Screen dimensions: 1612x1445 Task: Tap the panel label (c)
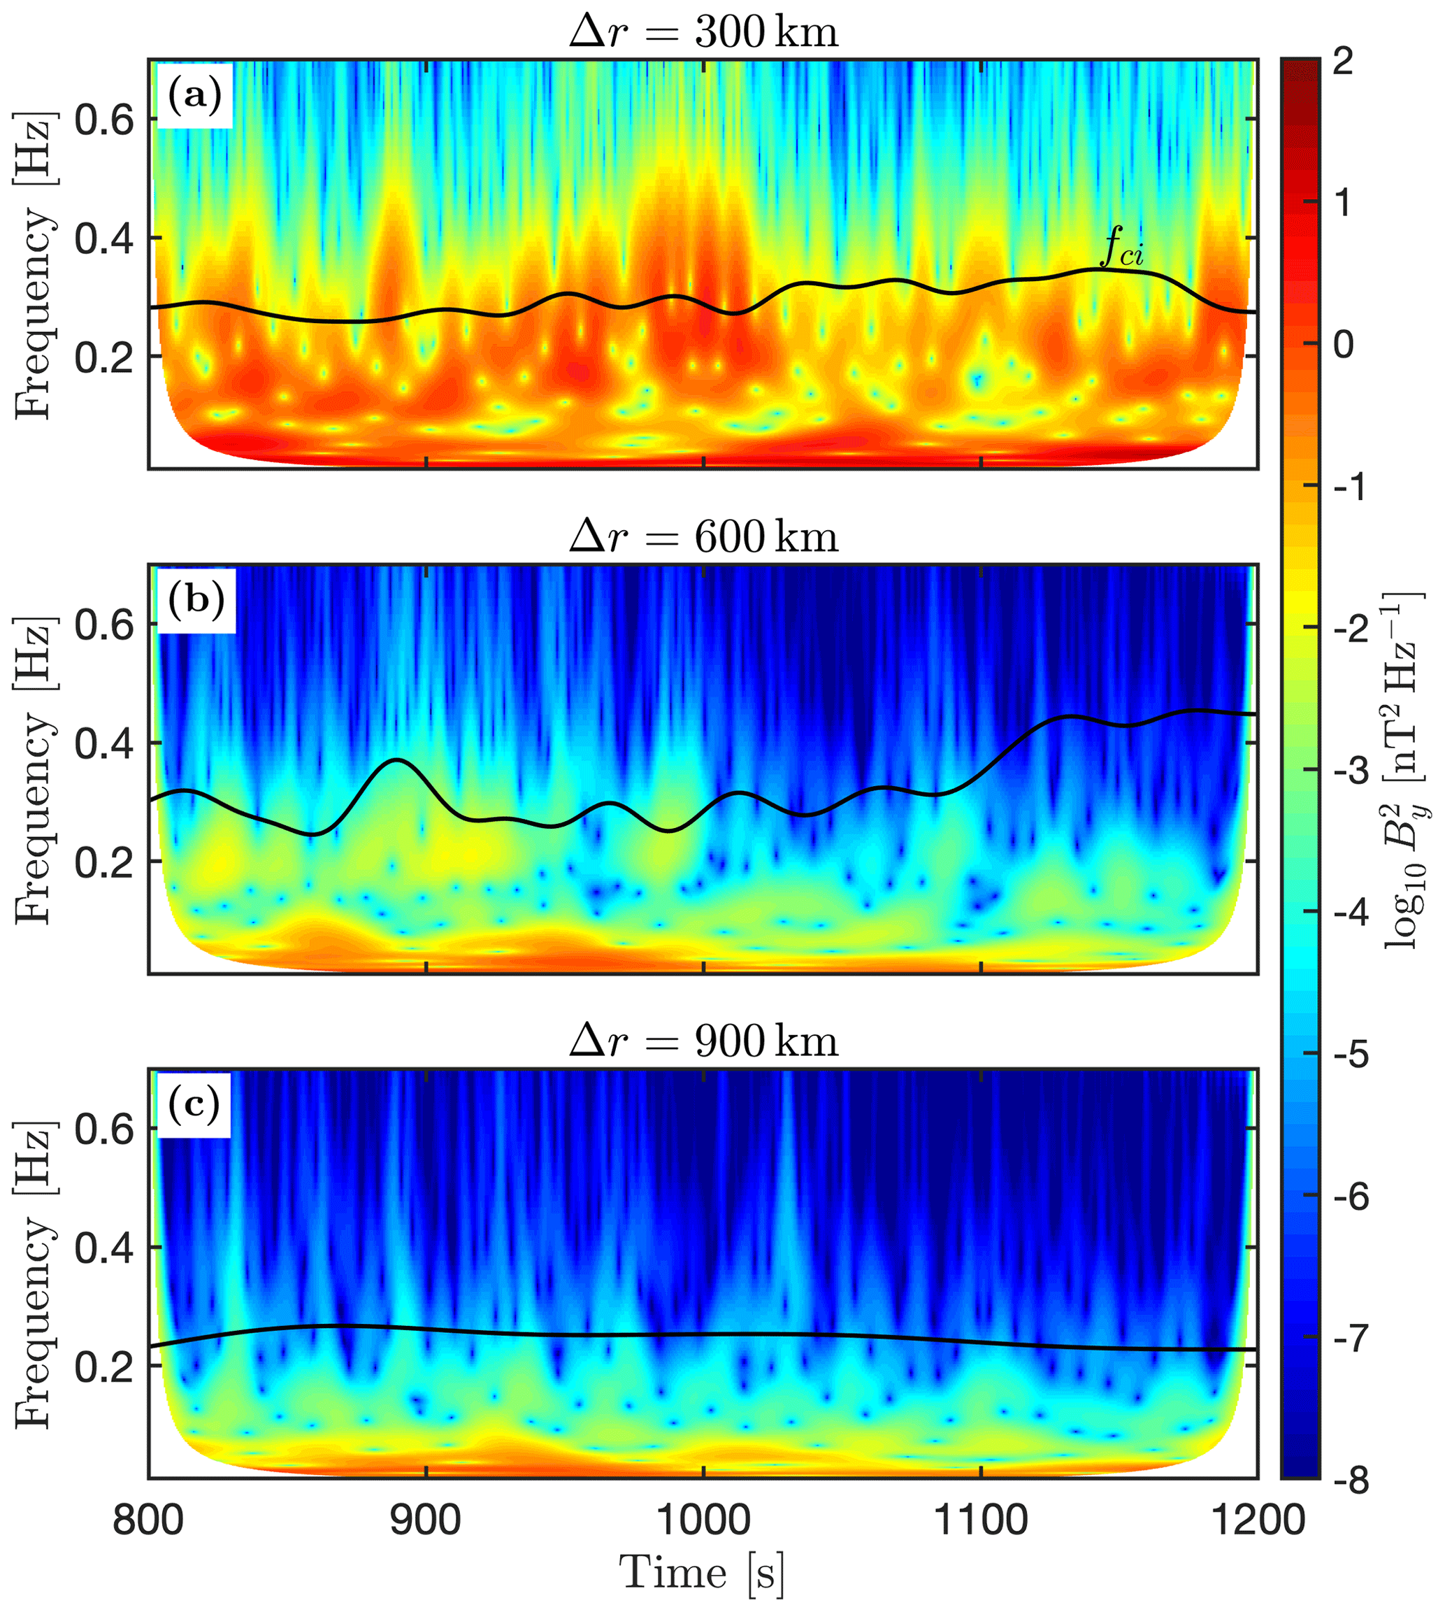pos(194,1104)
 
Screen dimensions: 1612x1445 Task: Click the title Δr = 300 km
pos(703,31)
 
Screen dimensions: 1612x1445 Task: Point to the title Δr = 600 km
pos(703,537)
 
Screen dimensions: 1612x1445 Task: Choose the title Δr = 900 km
pos(703,1041)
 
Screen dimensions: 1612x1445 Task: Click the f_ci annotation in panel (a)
pos(1122,248)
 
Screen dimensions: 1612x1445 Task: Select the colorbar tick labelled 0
pos(1342,345)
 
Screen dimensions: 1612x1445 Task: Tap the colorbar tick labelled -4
pos(1349,912)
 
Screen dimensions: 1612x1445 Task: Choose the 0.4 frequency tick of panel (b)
pos(104,743)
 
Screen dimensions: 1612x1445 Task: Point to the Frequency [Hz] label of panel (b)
pos(34,769)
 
